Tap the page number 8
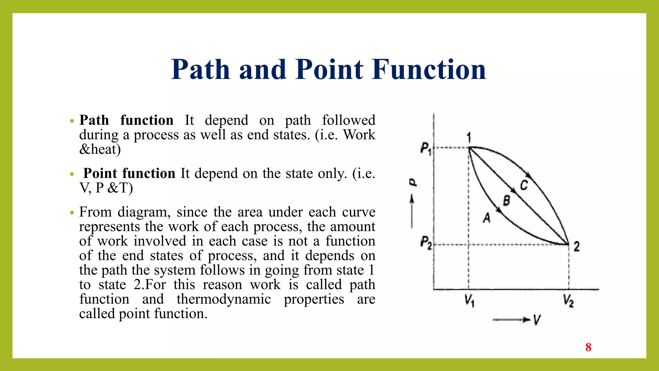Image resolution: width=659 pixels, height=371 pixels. pos(588,347)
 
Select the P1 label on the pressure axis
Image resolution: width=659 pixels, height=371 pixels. pos(426,149)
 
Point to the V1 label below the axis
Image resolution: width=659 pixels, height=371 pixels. pos(469,301)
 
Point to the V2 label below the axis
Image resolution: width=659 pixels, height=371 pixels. pos(568,301)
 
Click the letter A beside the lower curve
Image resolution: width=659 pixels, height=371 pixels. pos(487,218)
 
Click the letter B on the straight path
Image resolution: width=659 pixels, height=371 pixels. pos(506,200)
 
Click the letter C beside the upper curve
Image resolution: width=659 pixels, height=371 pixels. pos(524,185)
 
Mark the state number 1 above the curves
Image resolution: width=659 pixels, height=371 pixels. pos(469,138)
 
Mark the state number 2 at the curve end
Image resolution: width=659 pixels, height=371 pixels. pos(577,247)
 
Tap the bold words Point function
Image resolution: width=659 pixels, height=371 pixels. pos(129,173)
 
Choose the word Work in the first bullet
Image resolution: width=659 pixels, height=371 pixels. pos(359,135)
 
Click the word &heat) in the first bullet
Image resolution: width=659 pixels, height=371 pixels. pos(100,149)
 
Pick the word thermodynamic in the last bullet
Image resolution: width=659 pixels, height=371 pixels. pos(224,299)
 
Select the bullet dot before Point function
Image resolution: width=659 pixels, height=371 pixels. pos(72,174)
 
